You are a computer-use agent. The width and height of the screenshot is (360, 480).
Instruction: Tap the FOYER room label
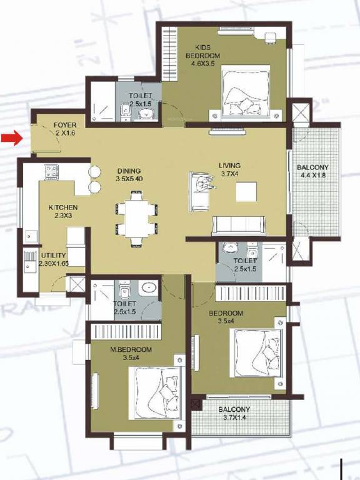pyautogui.click(x=65, y=129)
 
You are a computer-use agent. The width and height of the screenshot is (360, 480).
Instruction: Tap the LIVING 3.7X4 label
pyautogui.click(x=229, y=170)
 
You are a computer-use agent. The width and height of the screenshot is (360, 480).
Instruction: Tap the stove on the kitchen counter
pyautogui.click(x=51, y=169)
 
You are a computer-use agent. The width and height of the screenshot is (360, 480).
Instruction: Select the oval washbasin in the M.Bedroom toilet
pyautogui.click(x=149, y=289)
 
